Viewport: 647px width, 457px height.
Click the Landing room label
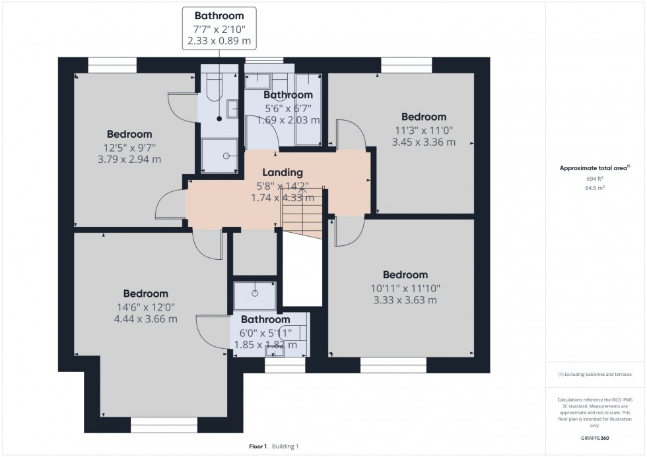283,173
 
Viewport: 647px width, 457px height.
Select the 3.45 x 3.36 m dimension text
423,142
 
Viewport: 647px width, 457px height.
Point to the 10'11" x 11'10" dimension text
405,288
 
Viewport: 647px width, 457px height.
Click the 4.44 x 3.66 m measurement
145,319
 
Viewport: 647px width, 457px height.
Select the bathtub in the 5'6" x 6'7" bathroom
308,109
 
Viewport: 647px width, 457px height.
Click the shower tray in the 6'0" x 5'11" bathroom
255,295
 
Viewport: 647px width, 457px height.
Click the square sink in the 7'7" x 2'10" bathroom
232,109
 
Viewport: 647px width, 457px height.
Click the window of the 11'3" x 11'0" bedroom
406,65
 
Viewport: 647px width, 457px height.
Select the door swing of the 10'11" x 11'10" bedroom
350,232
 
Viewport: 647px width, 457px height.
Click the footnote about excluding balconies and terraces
594,375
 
